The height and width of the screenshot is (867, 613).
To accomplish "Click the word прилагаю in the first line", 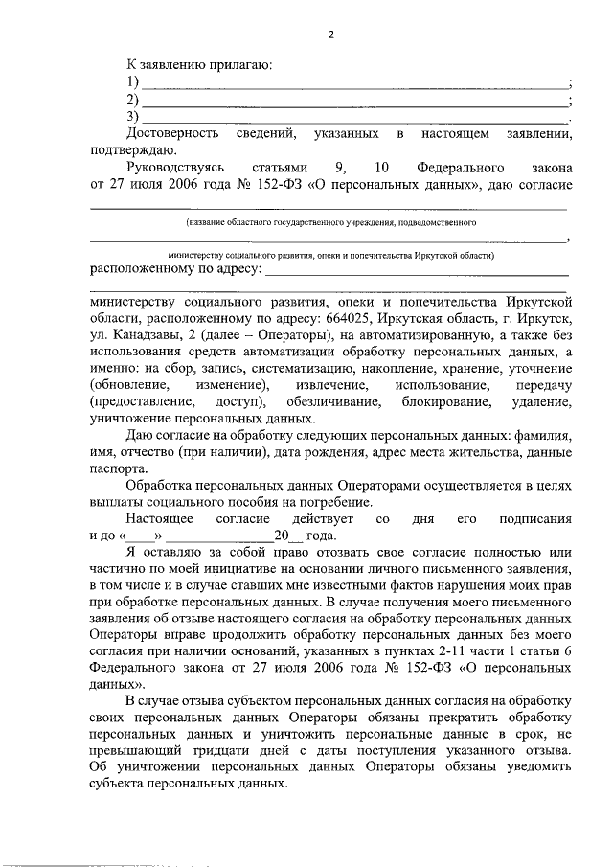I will pyautogui.click(x=243, y=65).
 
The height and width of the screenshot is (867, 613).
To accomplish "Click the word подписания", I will pyautogui.click(x=537, y=518).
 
